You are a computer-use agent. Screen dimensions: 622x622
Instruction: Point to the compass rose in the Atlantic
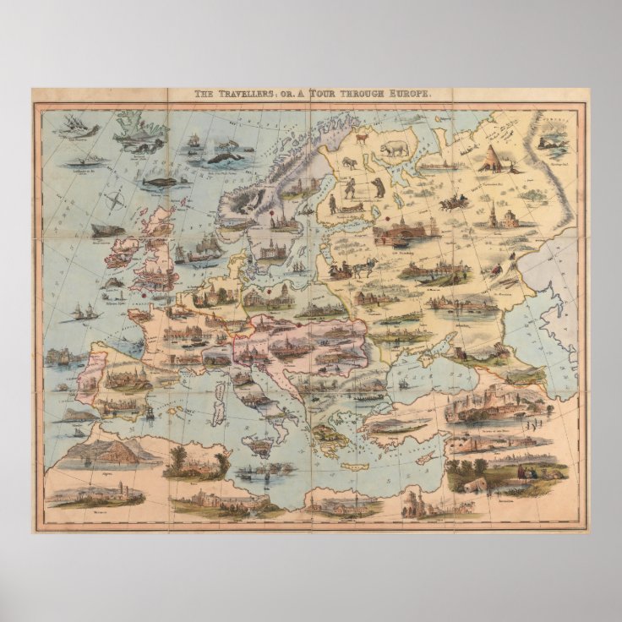tap(117, 201)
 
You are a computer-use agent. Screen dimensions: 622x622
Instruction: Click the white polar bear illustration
tap(441, 150)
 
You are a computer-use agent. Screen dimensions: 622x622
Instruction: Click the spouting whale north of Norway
tap(224, 156)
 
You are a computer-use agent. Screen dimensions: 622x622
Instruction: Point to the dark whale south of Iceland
tap(159, 181)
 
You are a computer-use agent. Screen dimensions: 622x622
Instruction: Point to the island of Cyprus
tap(427, 457)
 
